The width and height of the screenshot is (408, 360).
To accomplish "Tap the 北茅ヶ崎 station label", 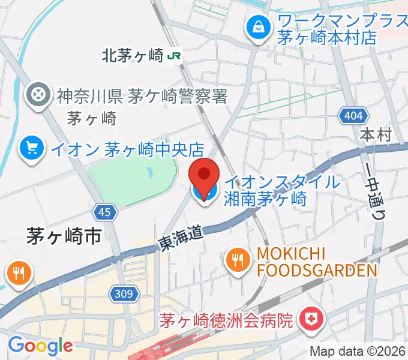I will (x=133, y=56).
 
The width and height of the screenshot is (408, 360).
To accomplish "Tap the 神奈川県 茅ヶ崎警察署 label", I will (x=142, y=95).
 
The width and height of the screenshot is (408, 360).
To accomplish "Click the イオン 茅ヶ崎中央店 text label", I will (x=127, y=148).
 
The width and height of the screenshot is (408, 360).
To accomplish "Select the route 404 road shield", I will (x=350, y=116).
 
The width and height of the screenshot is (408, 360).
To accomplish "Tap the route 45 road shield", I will (x=104, y=212).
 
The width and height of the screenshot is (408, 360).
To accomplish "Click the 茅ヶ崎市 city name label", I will (x=64, y=236).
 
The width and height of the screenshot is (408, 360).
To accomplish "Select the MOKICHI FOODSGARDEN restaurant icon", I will (x=238, y=260).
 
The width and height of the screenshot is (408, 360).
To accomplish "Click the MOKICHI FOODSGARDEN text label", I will (x=317, y=262).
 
